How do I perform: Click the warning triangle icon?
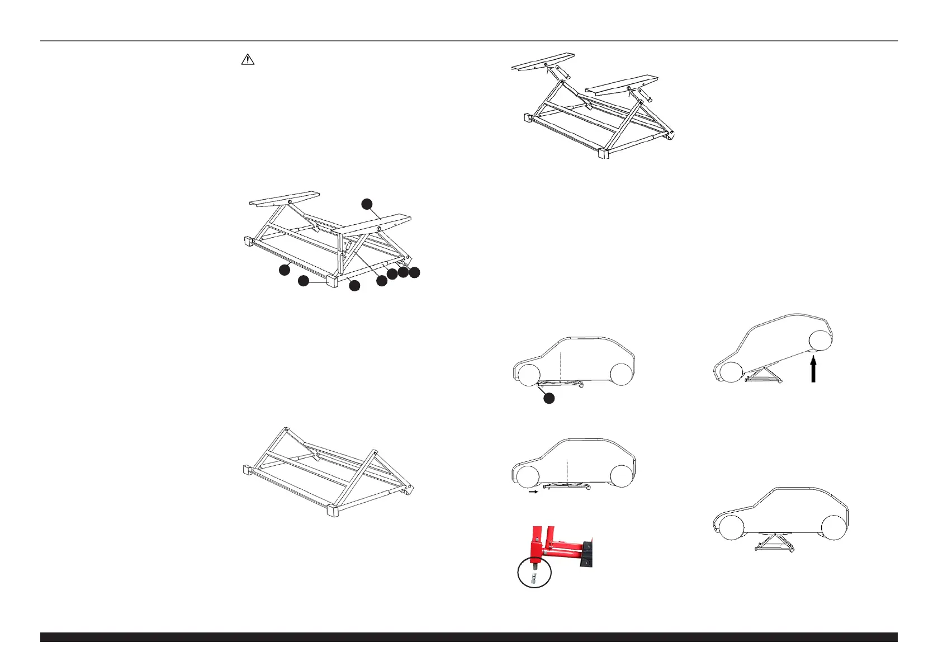click(248, 59)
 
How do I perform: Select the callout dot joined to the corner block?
click(303, 281)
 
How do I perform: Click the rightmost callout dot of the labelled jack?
click(414, 273)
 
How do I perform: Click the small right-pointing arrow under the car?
click(534, 493)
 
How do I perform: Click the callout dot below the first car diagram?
click(549, 398)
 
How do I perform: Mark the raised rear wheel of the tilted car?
click(820, 341)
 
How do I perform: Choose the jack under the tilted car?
click(764, 375)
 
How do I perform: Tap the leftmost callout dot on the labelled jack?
click(285, 270)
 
